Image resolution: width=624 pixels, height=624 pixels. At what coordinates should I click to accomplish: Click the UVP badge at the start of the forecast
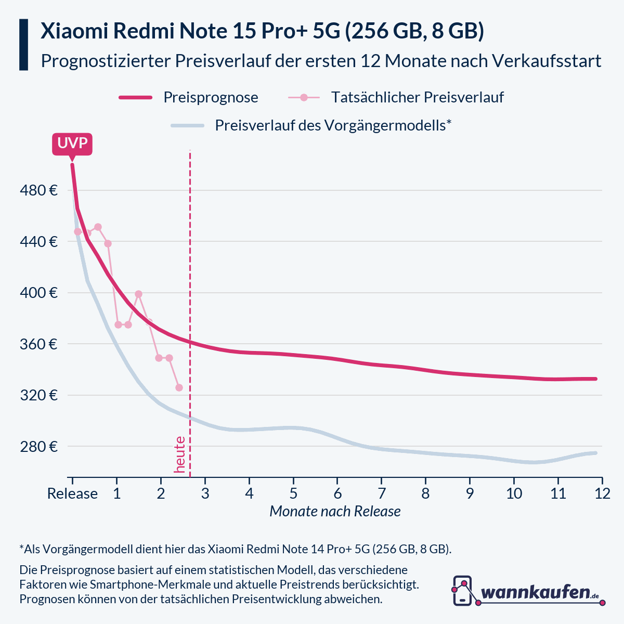[x=72, y=144]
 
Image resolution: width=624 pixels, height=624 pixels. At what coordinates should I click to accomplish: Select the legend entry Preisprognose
[x=210, y=97]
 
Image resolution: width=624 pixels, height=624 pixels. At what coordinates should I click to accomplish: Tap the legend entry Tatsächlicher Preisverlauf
[x=417, y=97]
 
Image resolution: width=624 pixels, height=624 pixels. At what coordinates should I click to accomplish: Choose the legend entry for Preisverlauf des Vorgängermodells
[x=332, y=125]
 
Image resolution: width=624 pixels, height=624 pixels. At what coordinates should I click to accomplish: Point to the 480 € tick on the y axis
[x=38, y=190]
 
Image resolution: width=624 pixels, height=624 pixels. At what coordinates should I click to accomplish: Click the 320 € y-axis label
[x=38, y=395]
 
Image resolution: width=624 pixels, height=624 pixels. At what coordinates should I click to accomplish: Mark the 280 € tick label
[x=38, y=447]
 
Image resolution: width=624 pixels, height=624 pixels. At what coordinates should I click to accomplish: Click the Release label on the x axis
[x=72, y=493]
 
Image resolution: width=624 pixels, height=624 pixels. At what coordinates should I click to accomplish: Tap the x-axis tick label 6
[x=337, y=493]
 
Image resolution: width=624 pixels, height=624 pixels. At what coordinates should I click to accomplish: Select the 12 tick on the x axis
[x=602, y=493]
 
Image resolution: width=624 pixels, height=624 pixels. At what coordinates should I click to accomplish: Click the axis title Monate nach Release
[x=335, y=512]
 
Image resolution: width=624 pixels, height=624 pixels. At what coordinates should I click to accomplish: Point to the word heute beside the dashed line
[x=180, y=454]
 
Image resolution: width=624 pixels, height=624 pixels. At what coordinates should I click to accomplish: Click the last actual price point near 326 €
[x=179, y=387]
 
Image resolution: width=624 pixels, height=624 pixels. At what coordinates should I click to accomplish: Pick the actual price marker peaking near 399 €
[x=138, y=294]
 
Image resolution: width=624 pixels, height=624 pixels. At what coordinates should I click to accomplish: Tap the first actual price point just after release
[x=77, y=231]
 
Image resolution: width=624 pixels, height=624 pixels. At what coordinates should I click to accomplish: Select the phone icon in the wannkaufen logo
[x=462, y=591]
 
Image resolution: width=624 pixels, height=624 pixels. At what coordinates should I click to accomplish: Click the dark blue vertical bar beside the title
[x=23, y=45]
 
